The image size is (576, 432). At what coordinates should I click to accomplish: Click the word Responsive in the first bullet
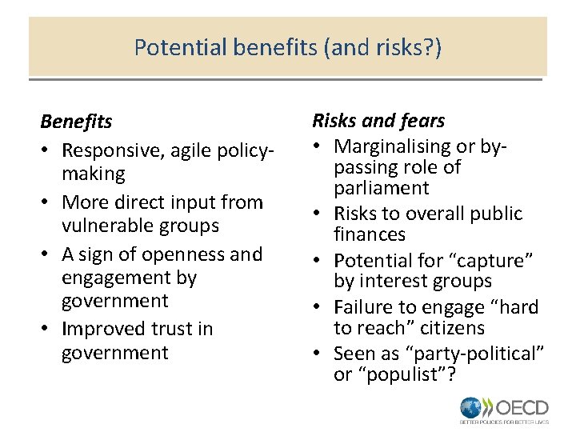(108, 150)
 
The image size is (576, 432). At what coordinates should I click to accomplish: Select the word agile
(185, 150)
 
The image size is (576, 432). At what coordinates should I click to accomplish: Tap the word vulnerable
(111, 226)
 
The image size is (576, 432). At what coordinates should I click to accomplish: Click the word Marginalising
(393, 146)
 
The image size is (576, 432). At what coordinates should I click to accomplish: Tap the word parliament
(382, 188)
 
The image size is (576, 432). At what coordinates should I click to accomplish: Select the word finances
(370, 234)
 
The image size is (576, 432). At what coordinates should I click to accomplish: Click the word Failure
(364, 307)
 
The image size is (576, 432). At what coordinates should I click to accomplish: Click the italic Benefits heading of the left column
(76, 122)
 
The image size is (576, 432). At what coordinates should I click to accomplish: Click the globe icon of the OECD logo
(471, 406)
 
